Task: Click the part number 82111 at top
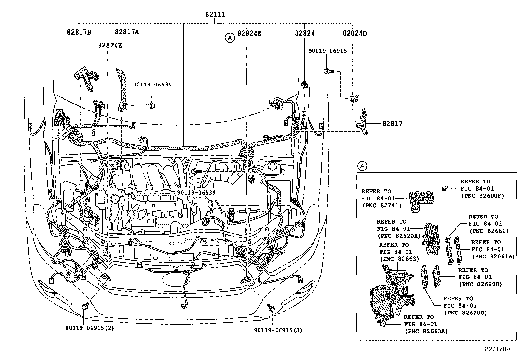(x=215, y=14)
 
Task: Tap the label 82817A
(x=127, y=32)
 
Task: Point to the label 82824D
(x=355, y=33)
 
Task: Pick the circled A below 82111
(x=230, y=38)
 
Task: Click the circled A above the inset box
(x=362, y=166)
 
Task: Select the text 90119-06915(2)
(x=89, y=328)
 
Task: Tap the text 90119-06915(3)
(x=278, y=330)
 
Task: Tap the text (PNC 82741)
(x=381, y=205)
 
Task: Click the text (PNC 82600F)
(x=482, y=196)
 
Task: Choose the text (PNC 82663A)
(x=426, y=331)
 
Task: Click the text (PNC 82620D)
(x=465, y=313)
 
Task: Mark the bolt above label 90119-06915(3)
(x=271, y=308)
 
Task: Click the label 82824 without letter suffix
(x=304, y=33)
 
